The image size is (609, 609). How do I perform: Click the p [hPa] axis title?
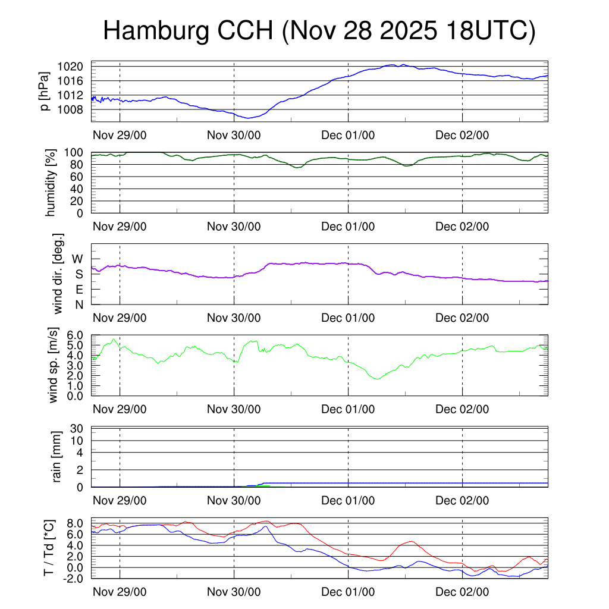pyautogui.click(x=45, y=91)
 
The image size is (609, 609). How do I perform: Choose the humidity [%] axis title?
pyautogui.click(x=50, y=183)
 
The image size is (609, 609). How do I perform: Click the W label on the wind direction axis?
pyautogui.click(x=78, y=259)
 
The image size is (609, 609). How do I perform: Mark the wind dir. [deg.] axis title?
pyautogui.click(x=58, y=274)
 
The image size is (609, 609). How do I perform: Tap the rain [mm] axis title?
pyautogui.click(x=58, y=457)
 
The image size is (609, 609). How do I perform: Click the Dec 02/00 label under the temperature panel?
pyautogui.click(x=462, y=592)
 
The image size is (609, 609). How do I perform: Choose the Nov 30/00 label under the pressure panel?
pyautogui.click(x=234, y=135)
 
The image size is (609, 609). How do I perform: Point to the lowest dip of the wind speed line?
pyautogui.click(x=376, y=379)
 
